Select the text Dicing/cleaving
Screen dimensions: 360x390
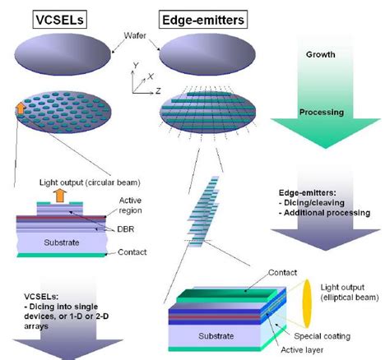coord(316,210)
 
